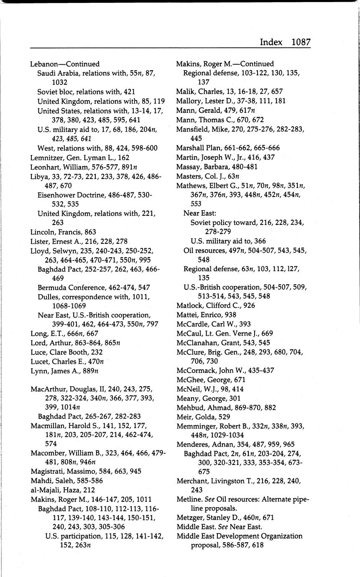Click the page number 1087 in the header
pyautogui.click(x=301, y=42)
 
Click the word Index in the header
pyautogui.click(x=271, y=42)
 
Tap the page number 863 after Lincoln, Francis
pyautogui.click(x=90, y=232)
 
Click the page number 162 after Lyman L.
pyautogui.click(x=123, y=158)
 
